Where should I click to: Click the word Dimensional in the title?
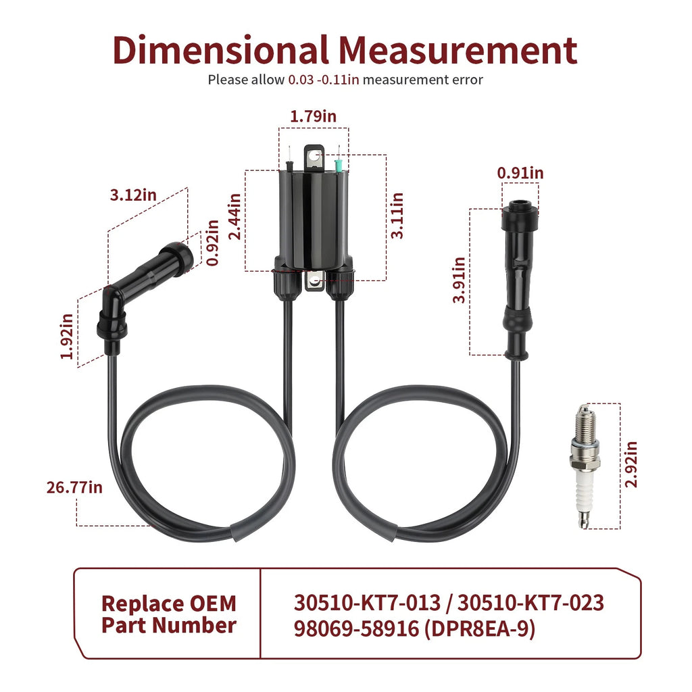pos(221,50)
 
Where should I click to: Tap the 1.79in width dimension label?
pos(313,116)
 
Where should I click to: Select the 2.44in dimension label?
pos(234,217)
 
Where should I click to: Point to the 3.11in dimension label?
pos(397,216)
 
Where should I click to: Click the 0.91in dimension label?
pos(520,173)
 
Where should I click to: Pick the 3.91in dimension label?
pos(459,280)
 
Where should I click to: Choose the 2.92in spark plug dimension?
pos(631,464)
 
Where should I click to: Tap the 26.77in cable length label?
pos(74,487)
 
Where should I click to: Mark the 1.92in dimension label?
pos(67,337)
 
